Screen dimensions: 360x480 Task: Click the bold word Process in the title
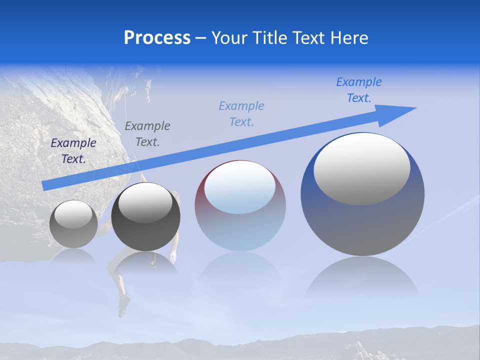[157, 38]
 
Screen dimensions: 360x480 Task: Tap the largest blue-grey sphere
[362, 220]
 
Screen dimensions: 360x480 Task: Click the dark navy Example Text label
[73, 150]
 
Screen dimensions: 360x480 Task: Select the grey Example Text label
[147, 133]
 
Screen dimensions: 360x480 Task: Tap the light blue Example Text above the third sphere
[241, 113]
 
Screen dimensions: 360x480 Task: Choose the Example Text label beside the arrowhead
[359, 89]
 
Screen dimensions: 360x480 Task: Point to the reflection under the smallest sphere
[73, 256]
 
